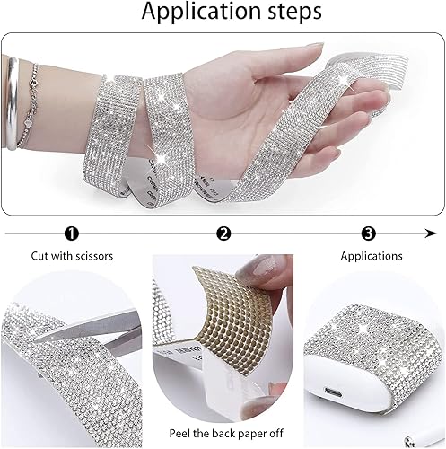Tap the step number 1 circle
[73, 233]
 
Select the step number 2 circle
[223, 233]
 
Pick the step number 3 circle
[369, 233]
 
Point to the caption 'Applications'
[371, 256]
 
